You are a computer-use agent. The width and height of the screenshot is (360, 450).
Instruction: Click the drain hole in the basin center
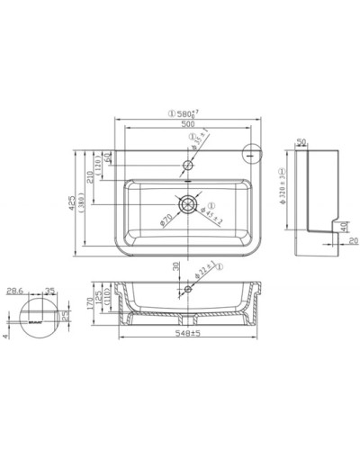pyautogui.click(x=187, y=204)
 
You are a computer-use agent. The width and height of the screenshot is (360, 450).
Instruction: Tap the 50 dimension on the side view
pyautogui.click(x=301, y=141)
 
